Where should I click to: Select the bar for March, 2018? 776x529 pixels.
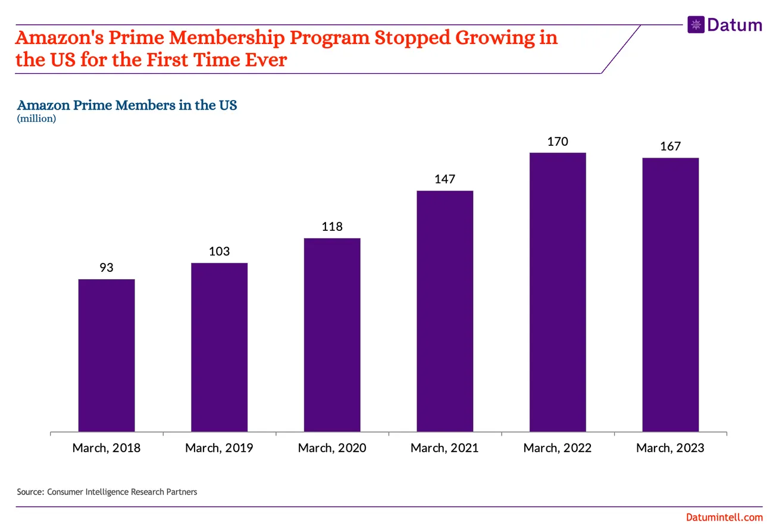(x=107, y=355)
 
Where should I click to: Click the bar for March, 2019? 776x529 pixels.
(x=219, y=347)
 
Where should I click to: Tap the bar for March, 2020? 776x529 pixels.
(x=332, y=334)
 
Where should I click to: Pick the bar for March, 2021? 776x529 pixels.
(x=445, y=311)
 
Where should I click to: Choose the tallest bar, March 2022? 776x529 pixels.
(x=558, y=292)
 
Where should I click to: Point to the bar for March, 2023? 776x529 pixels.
(x=670, y=295)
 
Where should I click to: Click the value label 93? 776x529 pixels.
(x=107, y=268)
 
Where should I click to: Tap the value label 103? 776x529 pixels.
(x=219, y=252)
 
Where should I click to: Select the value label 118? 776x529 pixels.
(x=332, y=227)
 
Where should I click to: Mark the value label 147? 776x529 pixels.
(x=445, y=179)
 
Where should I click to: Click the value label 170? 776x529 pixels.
(x=558, y=142)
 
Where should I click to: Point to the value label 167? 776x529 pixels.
(x=670, y=146)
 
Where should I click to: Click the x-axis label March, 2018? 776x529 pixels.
(x=107, y=448)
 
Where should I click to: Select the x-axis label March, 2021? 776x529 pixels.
(x=445, y=448)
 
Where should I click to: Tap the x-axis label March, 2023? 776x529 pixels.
(x=670, y=448)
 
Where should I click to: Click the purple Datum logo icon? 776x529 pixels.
(x=696, y=25)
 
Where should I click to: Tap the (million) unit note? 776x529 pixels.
(x=36, y=119)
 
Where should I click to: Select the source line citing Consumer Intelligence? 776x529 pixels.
(x=107, y=492)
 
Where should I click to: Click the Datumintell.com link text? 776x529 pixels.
(x=724, y=518)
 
